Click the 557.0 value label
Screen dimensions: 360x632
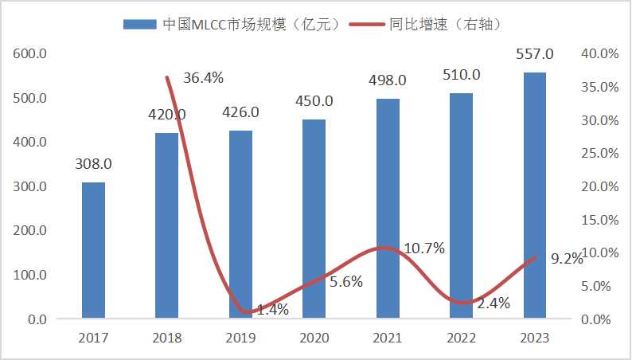pyautogui.click(x=535, y=55)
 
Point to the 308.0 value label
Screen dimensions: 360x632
pyautogui.click(x=93, y=164)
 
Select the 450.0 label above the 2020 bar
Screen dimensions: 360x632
pyautogui.click(x=314, y=101)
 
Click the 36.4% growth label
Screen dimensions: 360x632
pyautogui.click(x=203, y=78)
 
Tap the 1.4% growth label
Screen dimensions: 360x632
pyautogui.click(x=273, y=309)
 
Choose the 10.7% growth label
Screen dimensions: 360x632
pyautogui.click(x=424, y=248)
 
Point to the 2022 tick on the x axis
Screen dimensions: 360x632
pyautogui.click(x=461, y=338)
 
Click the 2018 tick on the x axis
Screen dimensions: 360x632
pyautogui.click(x=166, y=338)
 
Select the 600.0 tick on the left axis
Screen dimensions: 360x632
pyautogui.click(x=30, y=54)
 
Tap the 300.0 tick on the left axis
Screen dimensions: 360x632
pyautogui.click(x=30, y=186)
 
